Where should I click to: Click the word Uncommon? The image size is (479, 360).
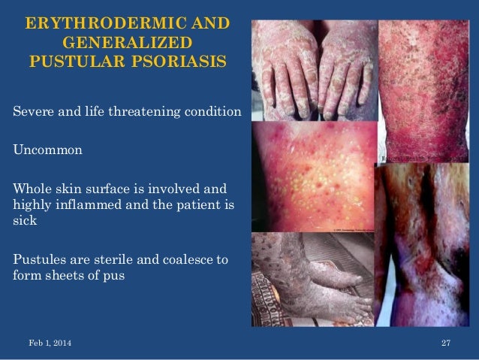pos(47,150)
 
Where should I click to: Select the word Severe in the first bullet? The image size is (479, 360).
pos(32,113)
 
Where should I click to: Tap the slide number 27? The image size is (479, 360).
pos(445,343)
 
